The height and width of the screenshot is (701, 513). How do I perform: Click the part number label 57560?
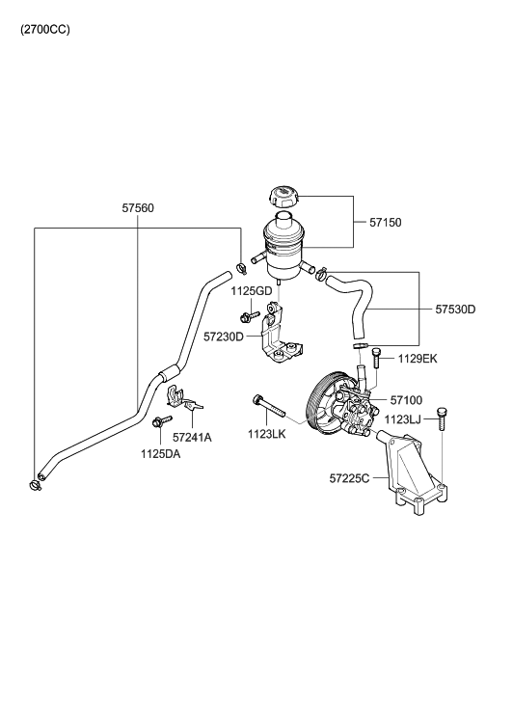pos(138,207)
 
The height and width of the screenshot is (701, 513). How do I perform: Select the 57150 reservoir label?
pos(386,223)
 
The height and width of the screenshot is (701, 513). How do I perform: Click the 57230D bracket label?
pos(224,337)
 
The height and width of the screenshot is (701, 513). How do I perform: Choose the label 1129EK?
pos(417,359)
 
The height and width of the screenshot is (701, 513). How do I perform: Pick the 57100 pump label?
pos(408,398)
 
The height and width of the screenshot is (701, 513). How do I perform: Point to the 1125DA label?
pos(159,453)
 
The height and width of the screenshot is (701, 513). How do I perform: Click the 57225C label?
pos(350,477)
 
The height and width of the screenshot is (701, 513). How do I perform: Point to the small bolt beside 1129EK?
pos(376,359)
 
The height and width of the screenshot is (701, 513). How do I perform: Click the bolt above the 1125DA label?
pos(158,421)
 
